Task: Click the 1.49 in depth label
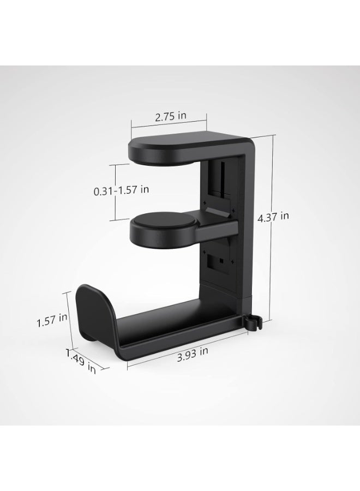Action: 81,361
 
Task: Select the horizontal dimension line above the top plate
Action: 169,124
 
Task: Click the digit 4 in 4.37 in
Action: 260,217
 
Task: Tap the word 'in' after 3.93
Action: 203,352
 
